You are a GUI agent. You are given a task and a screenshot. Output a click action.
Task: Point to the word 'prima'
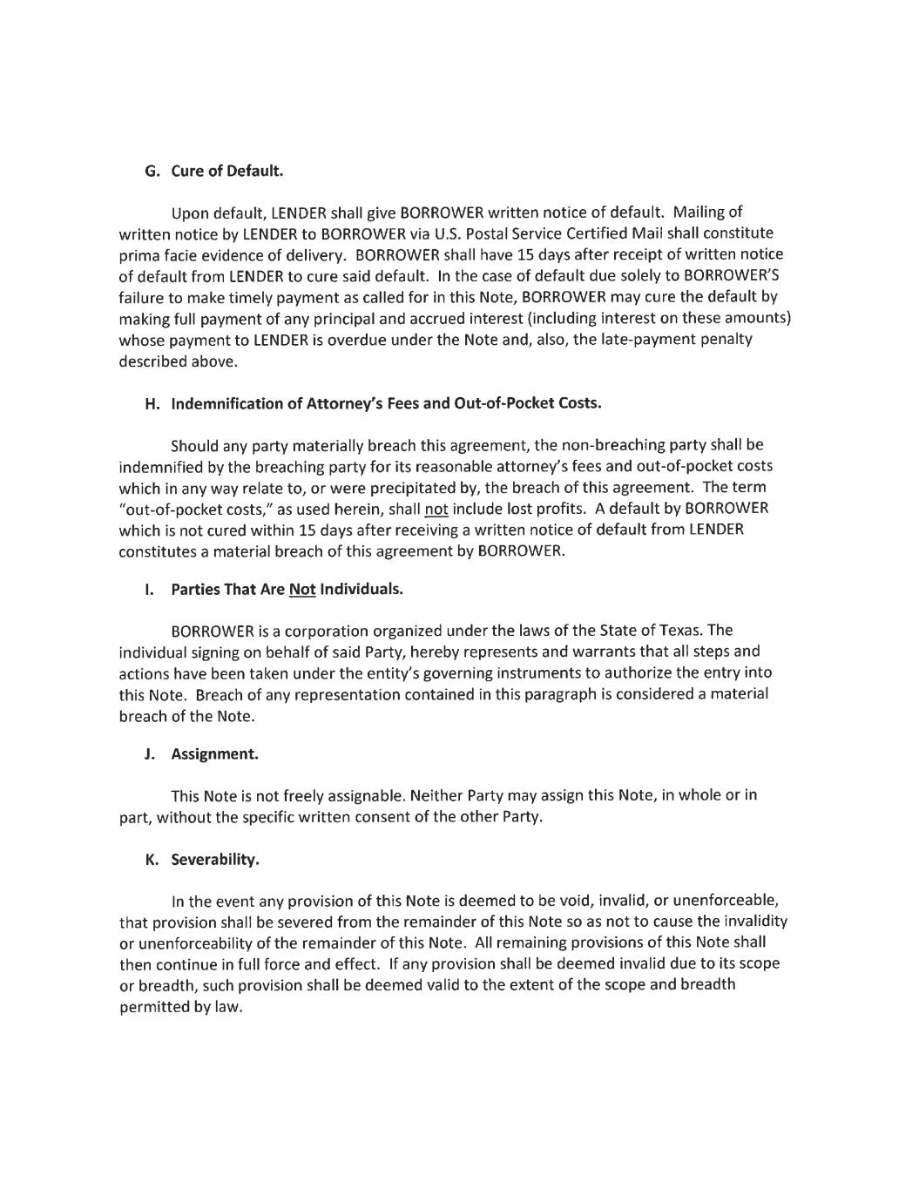pos(137,255)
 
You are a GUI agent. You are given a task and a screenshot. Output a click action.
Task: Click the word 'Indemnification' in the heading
pos(226,403)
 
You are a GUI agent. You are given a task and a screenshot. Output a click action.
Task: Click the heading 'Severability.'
pos(215,860)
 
